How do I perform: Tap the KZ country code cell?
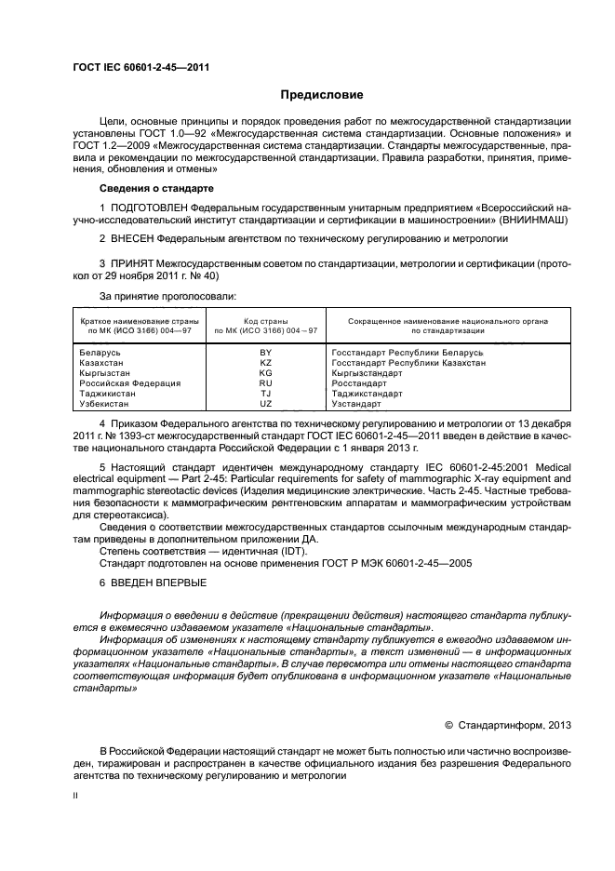pos(266,363)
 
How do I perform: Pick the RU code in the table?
pos(266,383)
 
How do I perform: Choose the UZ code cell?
pos(266,404)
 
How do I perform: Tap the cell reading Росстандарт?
pos(359,383)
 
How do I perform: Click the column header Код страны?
pos(266,321)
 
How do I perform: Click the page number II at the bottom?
pos(76,796)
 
